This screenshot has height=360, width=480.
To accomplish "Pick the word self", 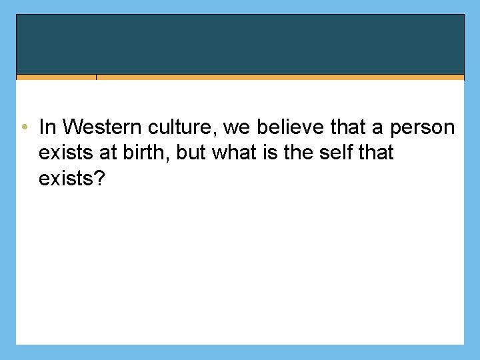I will coord(336,153).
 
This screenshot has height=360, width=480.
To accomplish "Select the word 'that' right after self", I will coord(375,153).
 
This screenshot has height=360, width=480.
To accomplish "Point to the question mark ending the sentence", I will coord(100,179).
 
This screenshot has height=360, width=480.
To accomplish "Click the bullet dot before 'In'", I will coord(23,127).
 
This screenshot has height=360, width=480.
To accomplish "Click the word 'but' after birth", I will coord(192,153).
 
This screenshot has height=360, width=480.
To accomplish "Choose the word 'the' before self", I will coord(299,153).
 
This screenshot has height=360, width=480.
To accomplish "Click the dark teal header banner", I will coord(240,44).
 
